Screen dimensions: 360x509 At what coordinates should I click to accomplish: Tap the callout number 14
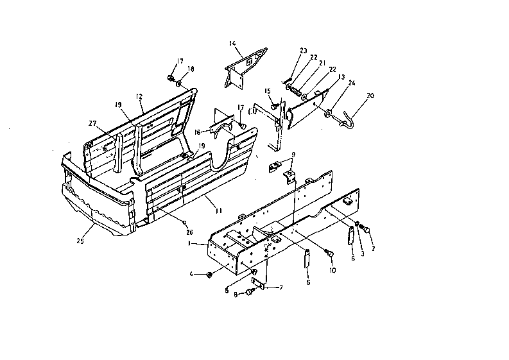tap(232, 43)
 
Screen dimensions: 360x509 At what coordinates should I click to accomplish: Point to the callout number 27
tap(93, 124)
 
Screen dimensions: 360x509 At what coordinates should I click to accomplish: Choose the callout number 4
tap(191, 275)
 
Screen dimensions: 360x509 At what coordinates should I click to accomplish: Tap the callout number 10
tap(333, 271)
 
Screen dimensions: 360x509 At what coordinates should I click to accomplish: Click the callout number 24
tap(352, 83)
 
